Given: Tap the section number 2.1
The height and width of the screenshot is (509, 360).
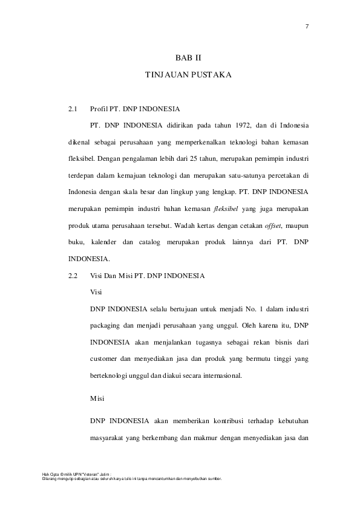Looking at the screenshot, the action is tap(73, 109).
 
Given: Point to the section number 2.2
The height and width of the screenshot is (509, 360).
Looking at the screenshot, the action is tap(73, 276).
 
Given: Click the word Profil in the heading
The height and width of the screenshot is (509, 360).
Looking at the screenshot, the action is tap(99, 109).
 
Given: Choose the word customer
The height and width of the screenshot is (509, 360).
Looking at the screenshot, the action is tap(106, 358).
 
